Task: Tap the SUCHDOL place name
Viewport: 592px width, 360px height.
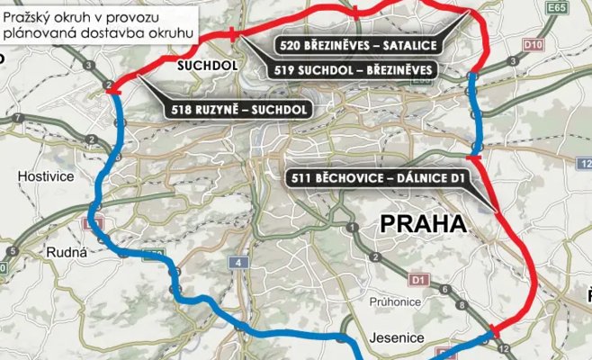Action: [x=204, y=66]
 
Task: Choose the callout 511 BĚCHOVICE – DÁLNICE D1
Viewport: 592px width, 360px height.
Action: [x=377, y=178]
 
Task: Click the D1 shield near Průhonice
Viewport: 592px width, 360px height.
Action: [x=417, y=280]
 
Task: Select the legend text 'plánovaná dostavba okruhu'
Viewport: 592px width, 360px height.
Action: [x=98, y=33]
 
